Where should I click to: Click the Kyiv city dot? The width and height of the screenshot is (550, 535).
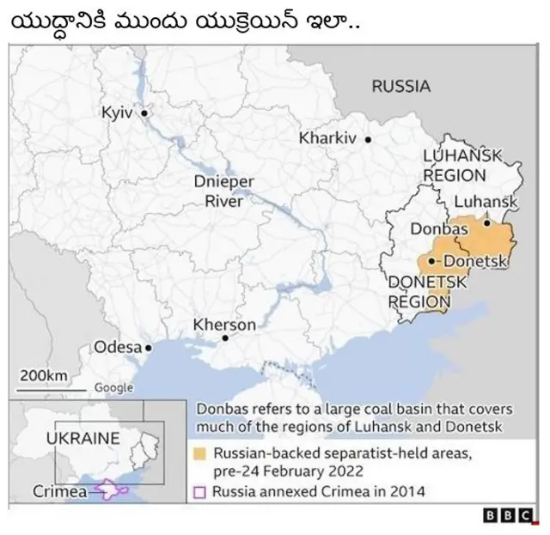pos(144,112)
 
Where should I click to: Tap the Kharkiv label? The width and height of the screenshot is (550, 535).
pos(327,138)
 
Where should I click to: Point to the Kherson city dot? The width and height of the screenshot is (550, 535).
pos(225,339)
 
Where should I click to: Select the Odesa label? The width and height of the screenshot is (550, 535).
pos(117,348)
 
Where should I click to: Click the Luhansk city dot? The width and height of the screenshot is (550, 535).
pos(487,222)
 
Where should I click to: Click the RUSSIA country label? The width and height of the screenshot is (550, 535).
pos(400,86)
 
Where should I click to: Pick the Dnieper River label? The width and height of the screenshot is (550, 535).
pos(223,191)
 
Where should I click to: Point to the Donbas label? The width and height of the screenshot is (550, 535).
pos(439,230)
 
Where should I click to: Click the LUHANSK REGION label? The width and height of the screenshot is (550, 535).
pos(461,165)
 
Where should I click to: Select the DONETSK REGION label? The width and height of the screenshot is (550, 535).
pos(427,292)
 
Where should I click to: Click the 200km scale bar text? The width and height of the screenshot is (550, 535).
pos(44,376)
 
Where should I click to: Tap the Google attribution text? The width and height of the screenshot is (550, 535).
pos(113,387)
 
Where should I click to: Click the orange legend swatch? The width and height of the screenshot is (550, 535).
pos(200,453)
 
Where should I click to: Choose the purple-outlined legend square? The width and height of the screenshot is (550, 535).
pos(200,493)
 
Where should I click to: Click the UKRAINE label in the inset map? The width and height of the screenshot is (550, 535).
pos(82,438)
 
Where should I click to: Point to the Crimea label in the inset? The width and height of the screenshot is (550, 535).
pos(59,492)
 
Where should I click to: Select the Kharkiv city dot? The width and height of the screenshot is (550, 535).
pos(368,139)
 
